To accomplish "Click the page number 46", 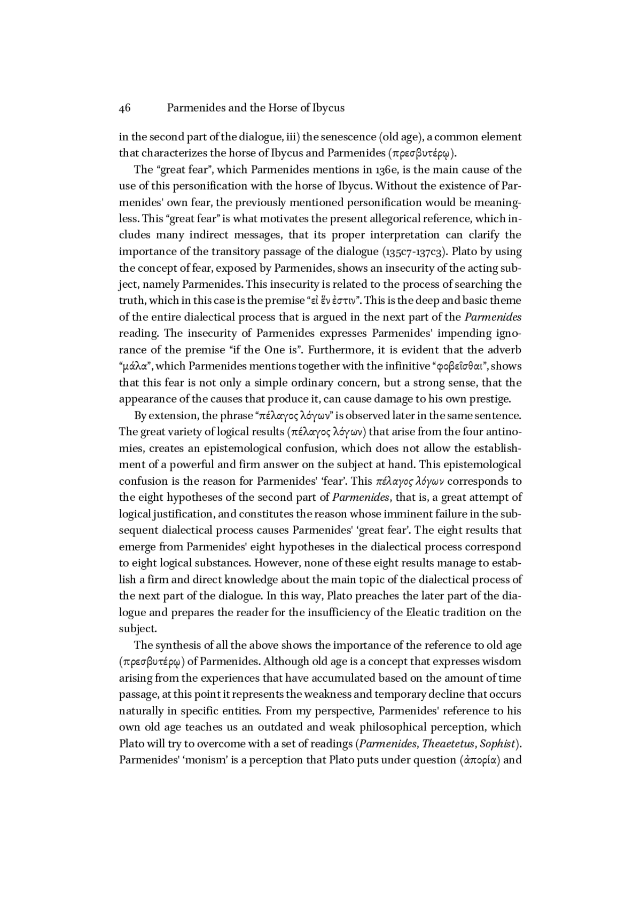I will pyautogui.click(x=124, y=108).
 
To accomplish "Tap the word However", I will pyautogui.click(x=277, y=563).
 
